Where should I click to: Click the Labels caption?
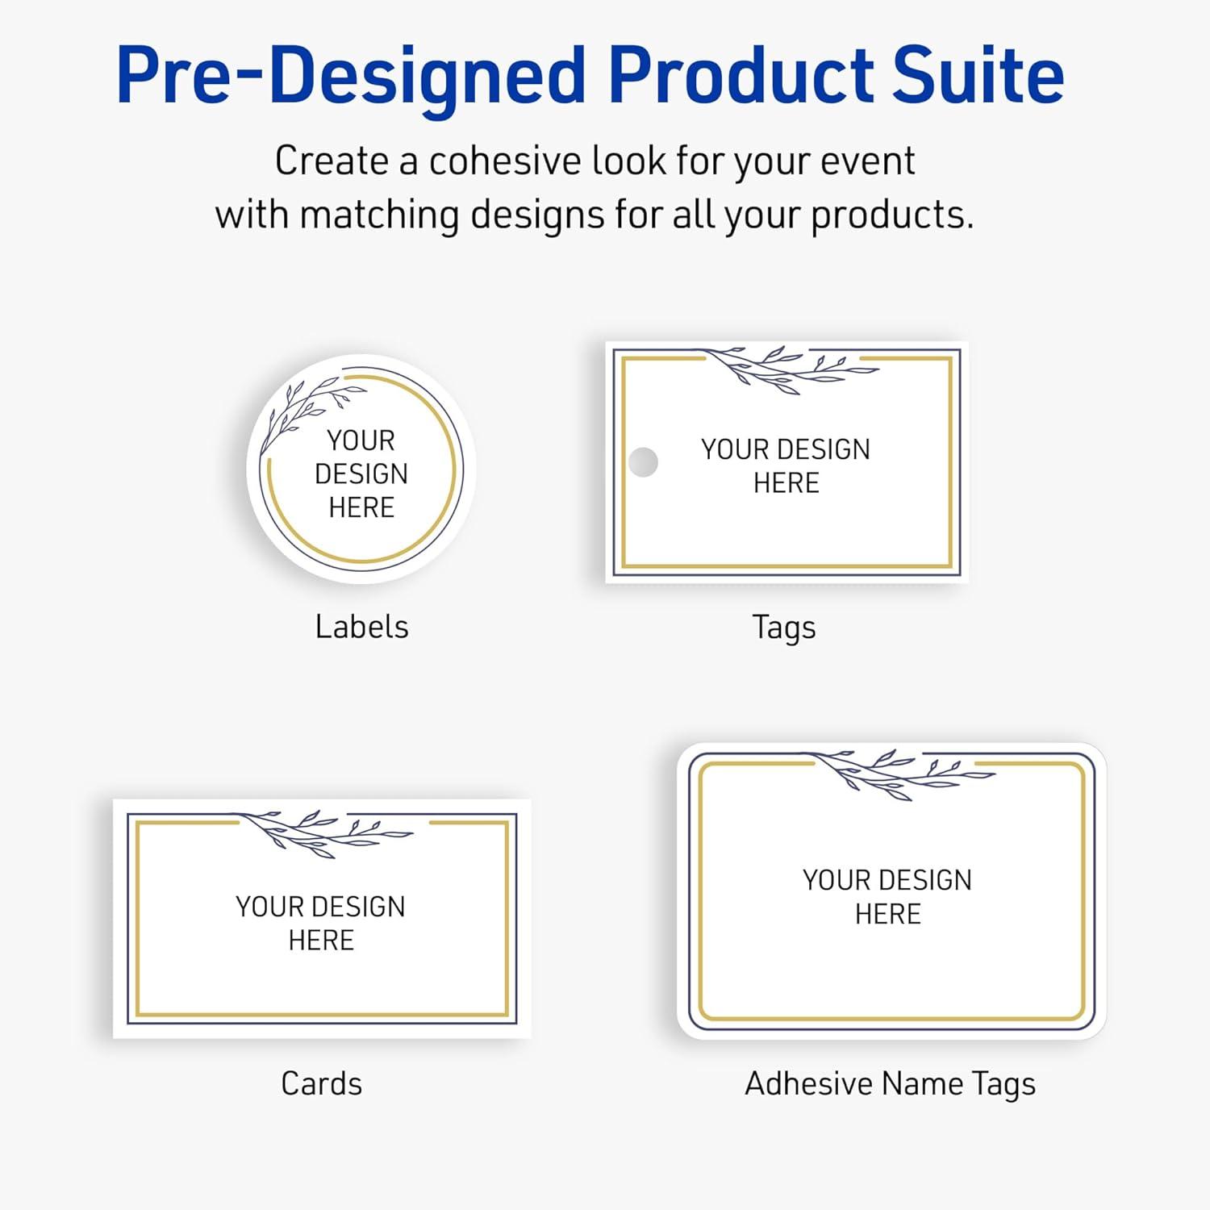[x=361, y=627]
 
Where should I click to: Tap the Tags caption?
[x=784, y=628]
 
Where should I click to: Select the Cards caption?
[x=321, y=1083]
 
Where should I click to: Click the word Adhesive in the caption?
[x=809, y=1083]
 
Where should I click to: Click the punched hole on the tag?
[x=643, y=462]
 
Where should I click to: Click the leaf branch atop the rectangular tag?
[x=791, y=369]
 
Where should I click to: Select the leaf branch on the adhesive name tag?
[x=903, y=773]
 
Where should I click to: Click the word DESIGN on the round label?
[x=361, y=474]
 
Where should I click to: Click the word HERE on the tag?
[x=786, y=483]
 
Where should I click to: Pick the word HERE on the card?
[x=321, y=941]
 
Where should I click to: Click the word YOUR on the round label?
[x=361, y=440]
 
